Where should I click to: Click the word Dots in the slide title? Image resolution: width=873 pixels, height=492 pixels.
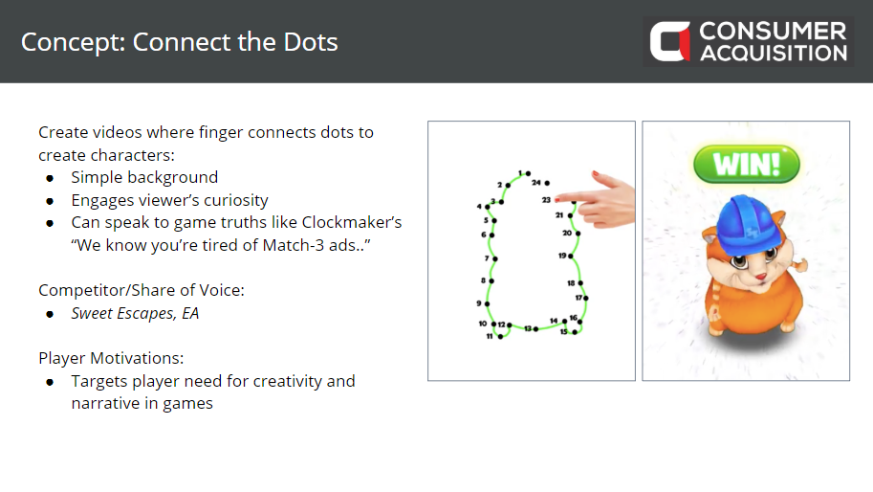pyautogui.click(x=310, y=42)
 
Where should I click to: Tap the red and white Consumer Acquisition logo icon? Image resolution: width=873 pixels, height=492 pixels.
pyautogui.click(x=669, y=41)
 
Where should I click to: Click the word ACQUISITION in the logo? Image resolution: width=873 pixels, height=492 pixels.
pyautogui.click(x=774, y=53)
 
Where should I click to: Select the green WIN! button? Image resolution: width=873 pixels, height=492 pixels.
pyautogui.click(x=746, y=165)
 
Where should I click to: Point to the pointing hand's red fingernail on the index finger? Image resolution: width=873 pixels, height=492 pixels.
pyautogui.click(x=595, y=173)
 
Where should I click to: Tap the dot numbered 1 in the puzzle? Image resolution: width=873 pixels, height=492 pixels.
pyautogui.click(x=529, y=173)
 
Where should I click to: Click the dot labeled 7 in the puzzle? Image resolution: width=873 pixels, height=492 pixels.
pyautogui.click(x=495, y=258)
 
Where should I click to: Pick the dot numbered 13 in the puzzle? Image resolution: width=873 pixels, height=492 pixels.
pyautogui.click(x=535, y=329)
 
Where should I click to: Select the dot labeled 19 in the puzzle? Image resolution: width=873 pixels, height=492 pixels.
pyautogui.click(x=571, y=257)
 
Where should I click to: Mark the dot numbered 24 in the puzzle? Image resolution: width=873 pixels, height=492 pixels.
pyautogui.click(x=547, y=183)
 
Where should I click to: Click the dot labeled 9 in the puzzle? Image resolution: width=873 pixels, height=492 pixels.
pyautogui.click(x=487, y=303)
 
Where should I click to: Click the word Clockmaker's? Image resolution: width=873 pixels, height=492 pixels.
pyautogui.click(x=351, y=222)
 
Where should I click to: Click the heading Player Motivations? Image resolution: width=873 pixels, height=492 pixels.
pyautogui.click(x=111, y=358)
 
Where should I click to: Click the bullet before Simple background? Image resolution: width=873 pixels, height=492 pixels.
pyautogui.click(x=50, y=178)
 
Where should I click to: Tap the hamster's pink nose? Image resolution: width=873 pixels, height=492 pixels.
pyautogui.click(x=760, y=276)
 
